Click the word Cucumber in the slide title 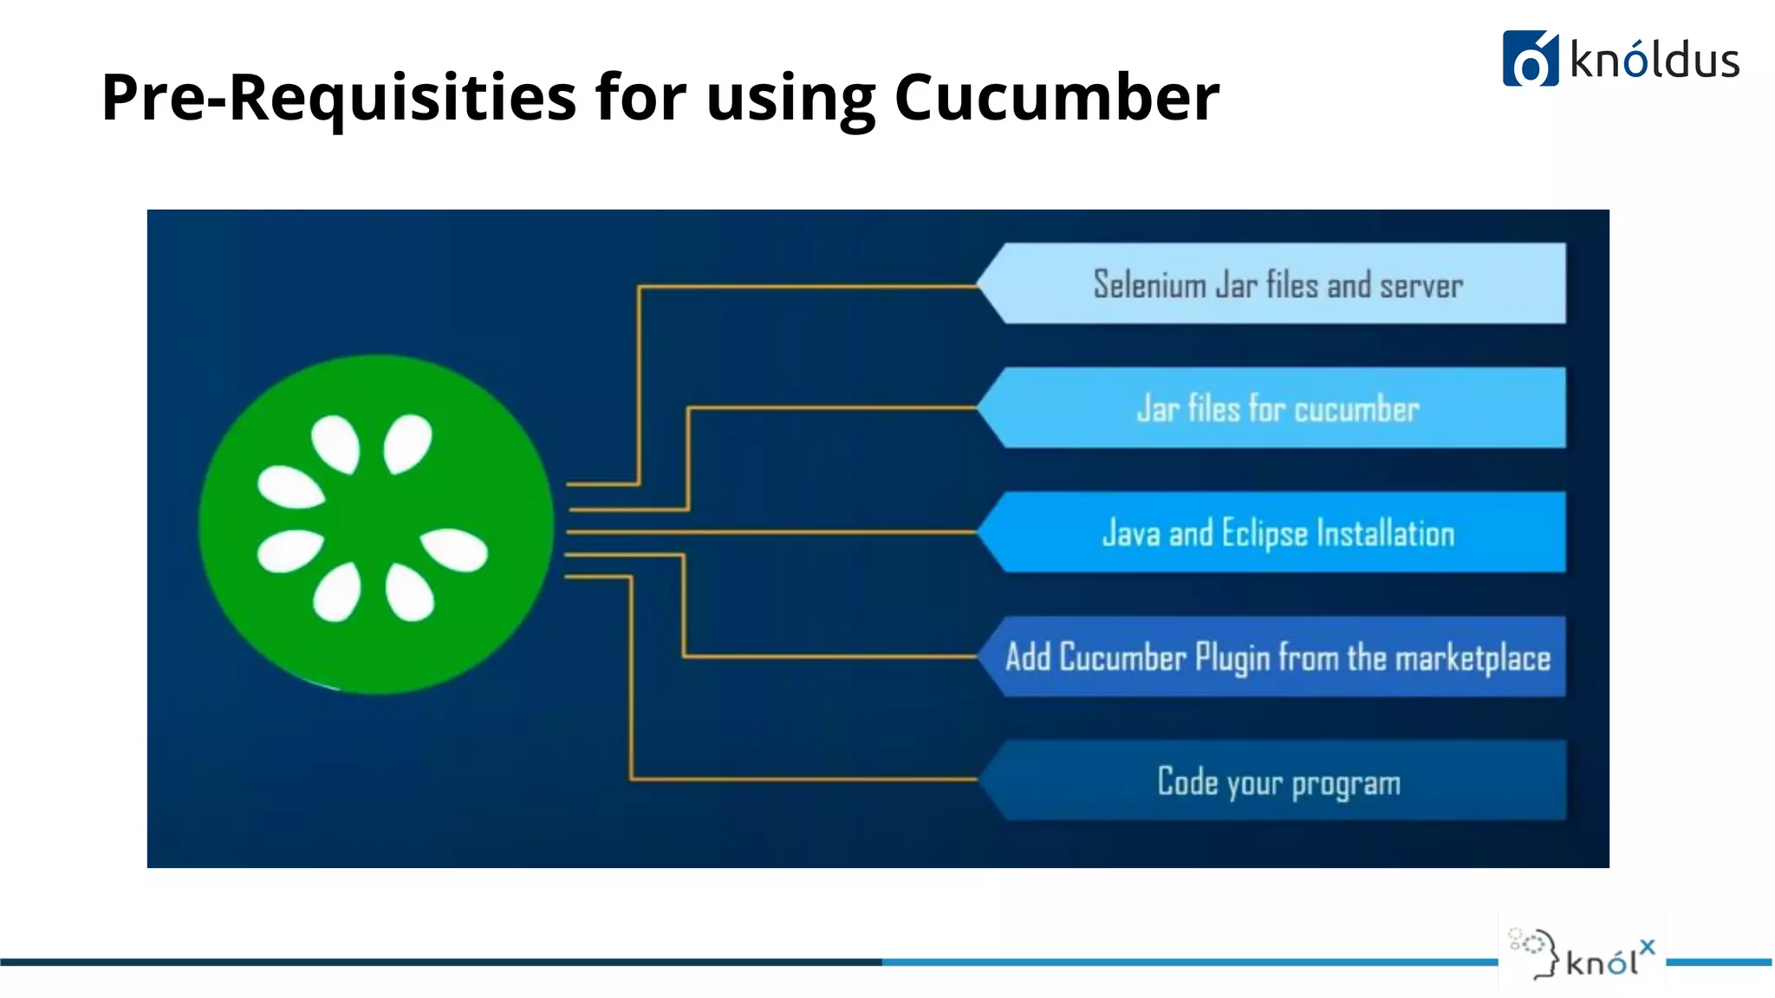pyautogui.click(x=1056, y=97)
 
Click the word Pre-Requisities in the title pyautogui.click(x=338, y=97)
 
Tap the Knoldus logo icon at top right pyautogui.click(x=1530, y=59)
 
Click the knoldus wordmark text pyautogui.click(x=1654, y=61)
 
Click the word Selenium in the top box pyautogui.click(x=1149, y=284)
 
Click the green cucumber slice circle pyautogui.click(x=375, y=523)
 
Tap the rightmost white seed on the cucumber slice pyautogui.click(x=454, y=549)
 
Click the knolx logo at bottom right pyautogui.click(x=1583, y=953)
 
